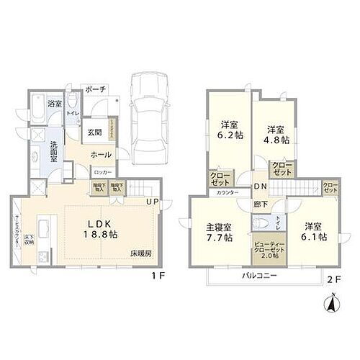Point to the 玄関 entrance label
[x=96, y=132]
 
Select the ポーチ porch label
[x=95, y=89]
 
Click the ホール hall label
[x=101, y=155]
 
